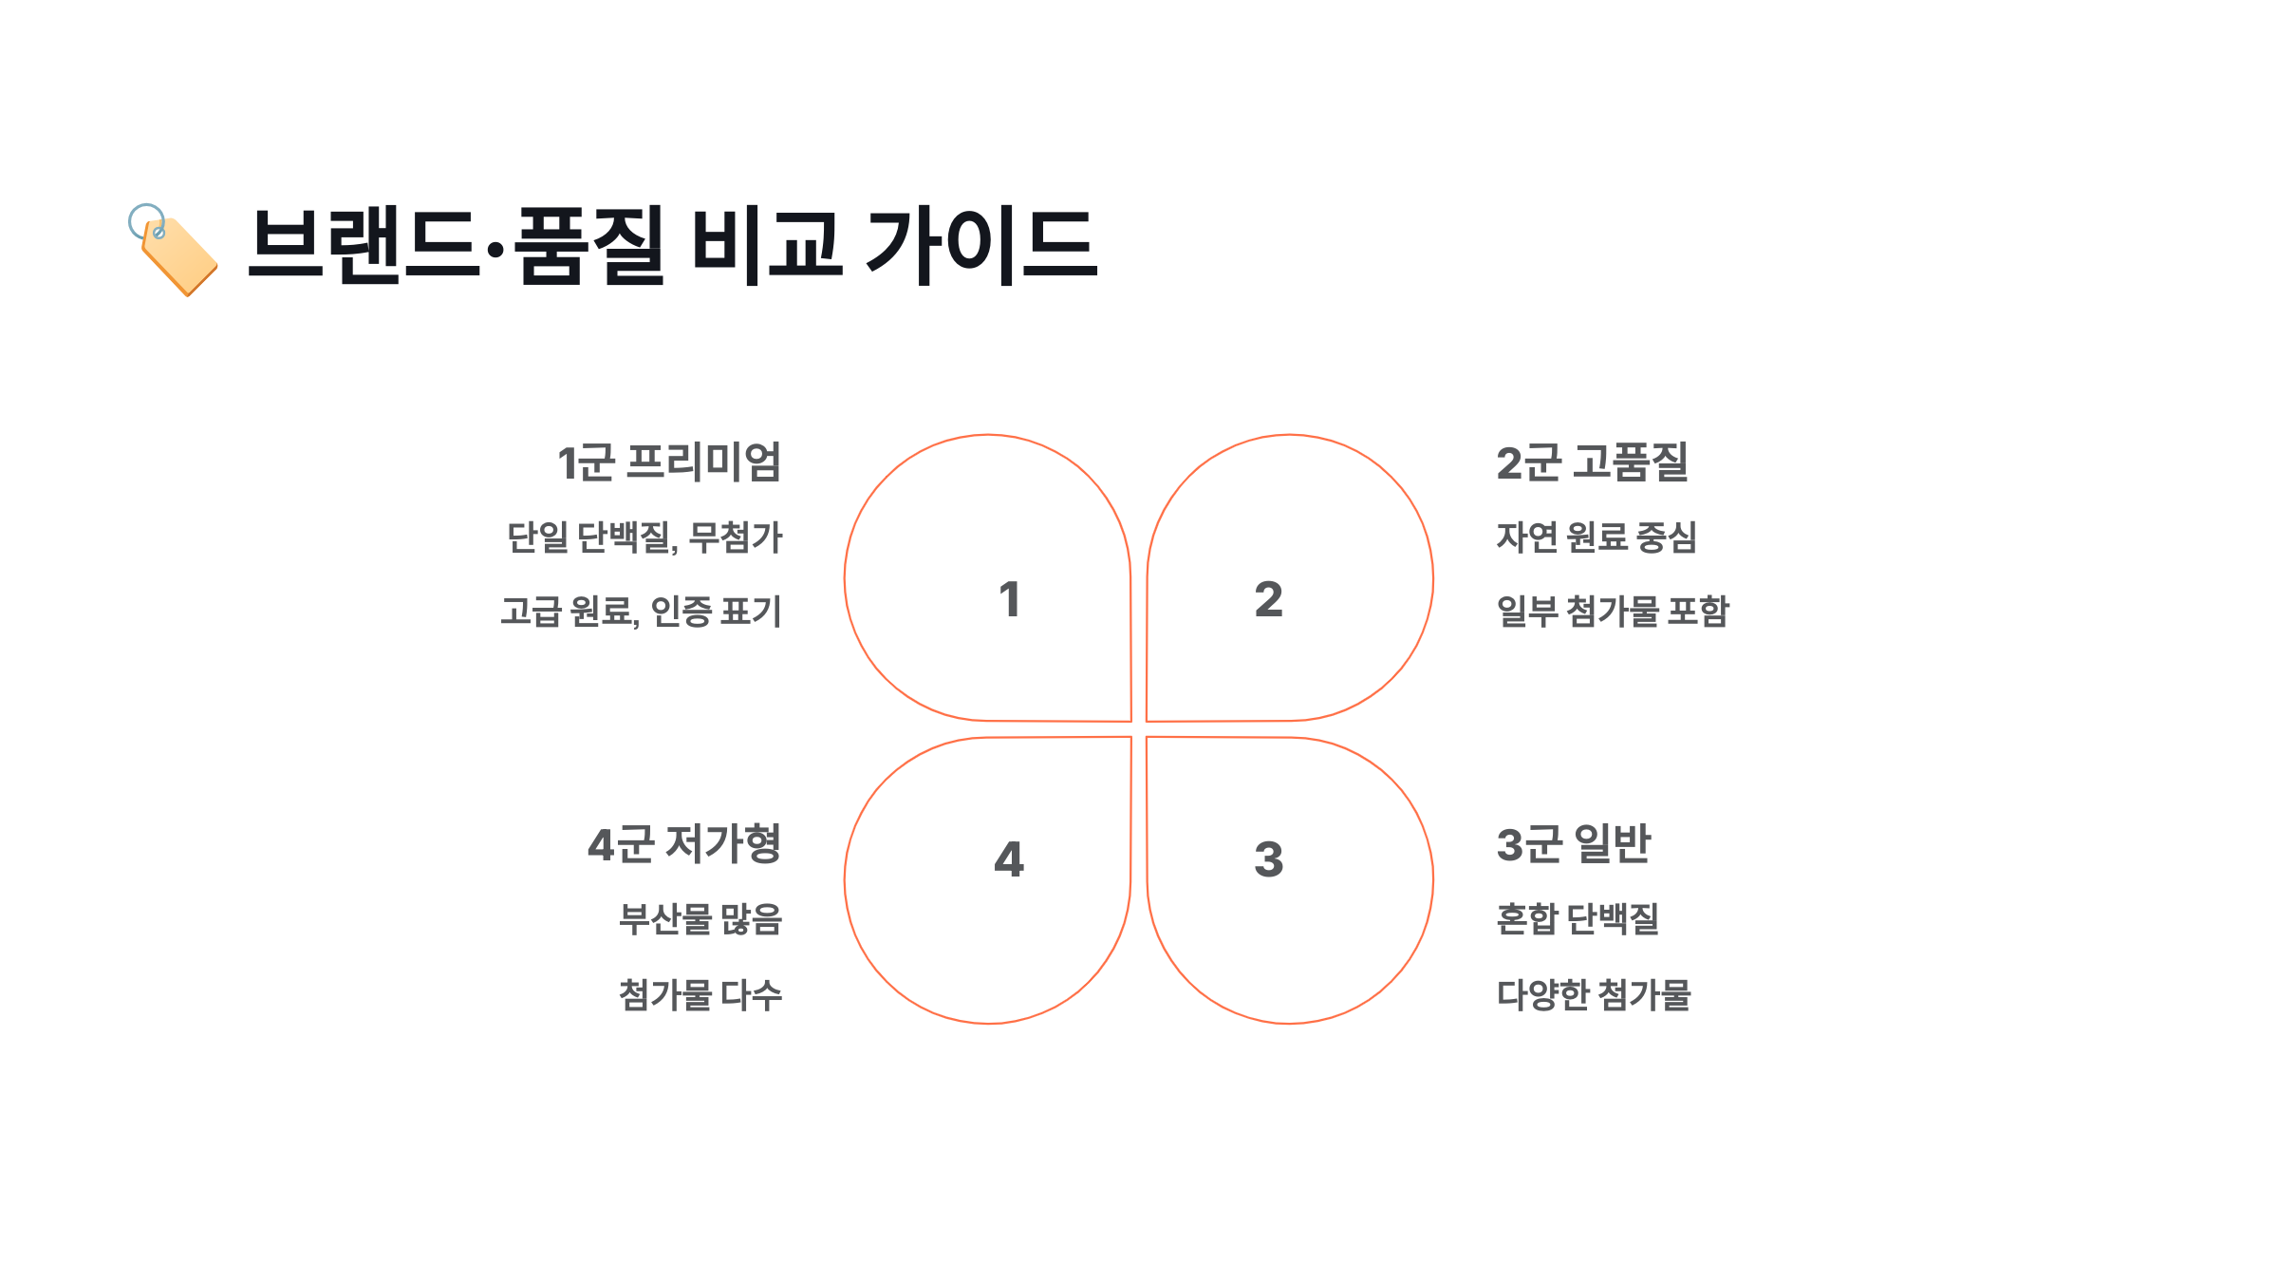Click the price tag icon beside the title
coord(174,251)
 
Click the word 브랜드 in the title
coord(364,245)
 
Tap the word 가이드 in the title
coord(981,245)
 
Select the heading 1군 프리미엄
coord(669,463)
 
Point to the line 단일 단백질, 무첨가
coord(644,537)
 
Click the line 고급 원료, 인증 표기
coord(641,612)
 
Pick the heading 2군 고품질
coord(1592,463)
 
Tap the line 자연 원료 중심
coord(1596,537)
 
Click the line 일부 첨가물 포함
coord(1613,612)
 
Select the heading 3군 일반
coord(1574,844)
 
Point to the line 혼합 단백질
coord(1578,919)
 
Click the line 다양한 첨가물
coord(1594,995)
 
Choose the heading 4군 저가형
coord(684,844)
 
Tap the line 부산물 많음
coord(700,919)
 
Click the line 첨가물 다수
coord(700,995)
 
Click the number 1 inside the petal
coord(1009,600)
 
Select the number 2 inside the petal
coord(1268,600)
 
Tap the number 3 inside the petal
coord(1268,859)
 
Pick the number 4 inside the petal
coord(1009,859)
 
